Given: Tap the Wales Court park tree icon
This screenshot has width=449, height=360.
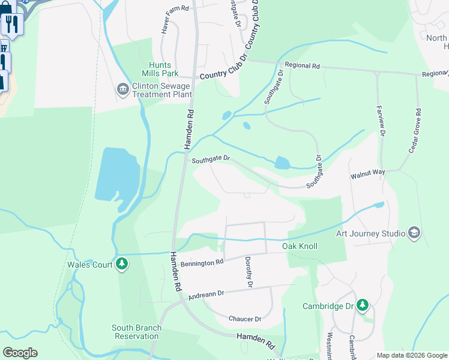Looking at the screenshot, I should click(122, 264).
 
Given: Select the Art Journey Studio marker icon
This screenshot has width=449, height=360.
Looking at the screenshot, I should click(414, 233).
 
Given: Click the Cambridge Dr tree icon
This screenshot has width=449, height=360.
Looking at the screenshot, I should click(362, 305).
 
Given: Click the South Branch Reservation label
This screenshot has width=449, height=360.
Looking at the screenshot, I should click(135, 332).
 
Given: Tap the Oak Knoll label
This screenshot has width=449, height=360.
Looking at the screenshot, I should click(300, 246).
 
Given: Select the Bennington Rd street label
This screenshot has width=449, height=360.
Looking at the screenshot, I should click(202, 262).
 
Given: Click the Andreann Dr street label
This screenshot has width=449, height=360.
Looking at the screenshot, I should click(205, 295).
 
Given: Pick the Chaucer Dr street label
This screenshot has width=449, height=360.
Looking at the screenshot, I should click(245, 319).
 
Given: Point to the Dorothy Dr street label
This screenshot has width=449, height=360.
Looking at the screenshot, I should click(249, 271).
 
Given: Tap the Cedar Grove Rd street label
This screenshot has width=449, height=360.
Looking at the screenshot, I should click(414, 131).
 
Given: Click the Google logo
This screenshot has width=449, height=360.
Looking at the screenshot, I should click(20, 353).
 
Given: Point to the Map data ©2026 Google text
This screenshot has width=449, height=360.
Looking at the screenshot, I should click(411, 355).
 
